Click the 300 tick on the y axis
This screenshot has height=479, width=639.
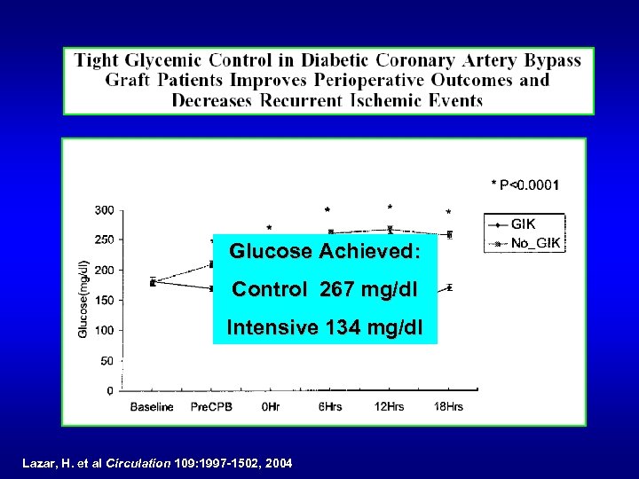(104, 210)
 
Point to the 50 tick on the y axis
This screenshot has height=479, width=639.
(106, 361)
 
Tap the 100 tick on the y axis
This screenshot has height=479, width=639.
(104, 331)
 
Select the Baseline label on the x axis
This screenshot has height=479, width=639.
(152, 407)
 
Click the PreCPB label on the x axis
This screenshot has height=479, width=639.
(210, 407)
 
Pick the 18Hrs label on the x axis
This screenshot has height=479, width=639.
(448, 407)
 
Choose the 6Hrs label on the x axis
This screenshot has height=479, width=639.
(329, 407)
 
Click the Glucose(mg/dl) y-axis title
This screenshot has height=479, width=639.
(83, 300)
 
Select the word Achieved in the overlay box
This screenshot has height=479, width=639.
(367, 252)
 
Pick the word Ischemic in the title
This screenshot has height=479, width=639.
(388, 99)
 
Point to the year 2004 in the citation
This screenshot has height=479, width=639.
(277, 463)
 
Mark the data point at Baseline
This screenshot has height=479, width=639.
(153, 282)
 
